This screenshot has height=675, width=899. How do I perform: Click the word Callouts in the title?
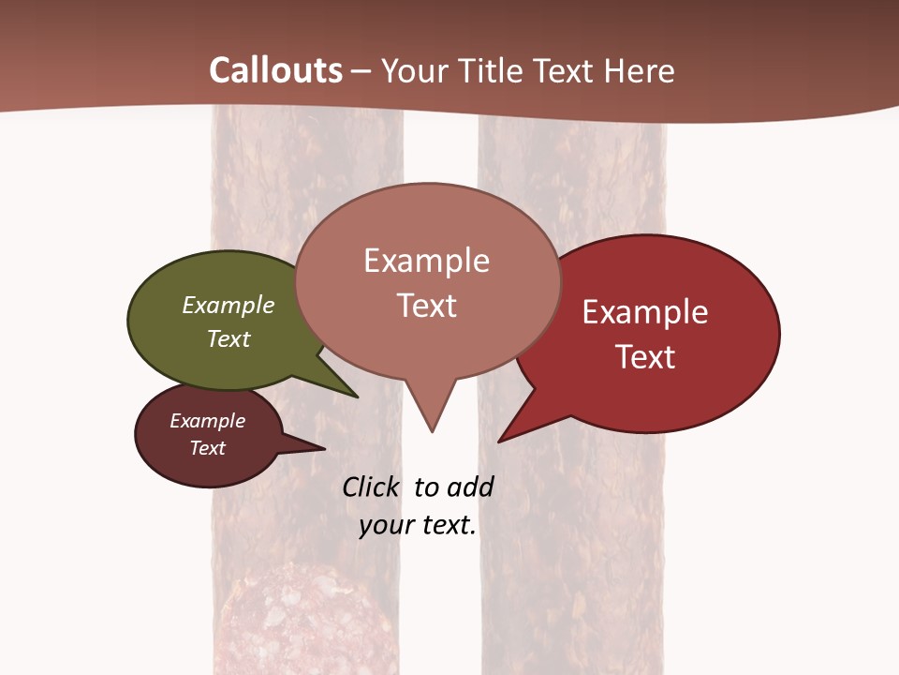click(275, 70)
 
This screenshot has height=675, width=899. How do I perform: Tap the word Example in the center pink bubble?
click(426, 261)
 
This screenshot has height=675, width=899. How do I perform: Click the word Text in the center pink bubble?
click(426, 306)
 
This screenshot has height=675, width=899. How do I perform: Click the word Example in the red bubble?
click(645, 312)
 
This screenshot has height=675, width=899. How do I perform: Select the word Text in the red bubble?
click(645, 357)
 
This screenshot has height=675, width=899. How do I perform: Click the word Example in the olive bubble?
click(228, 306)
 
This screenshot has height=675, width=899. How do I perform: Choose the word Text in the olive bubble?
click(228, 339)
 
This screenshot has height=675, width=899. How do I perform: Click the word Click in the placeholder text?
click(370, 487)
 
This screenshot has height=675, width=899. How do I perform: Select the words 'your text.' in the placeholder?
click(418, 526)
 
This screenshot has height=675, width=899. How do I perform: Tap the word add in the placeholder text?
click(469, 487)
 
